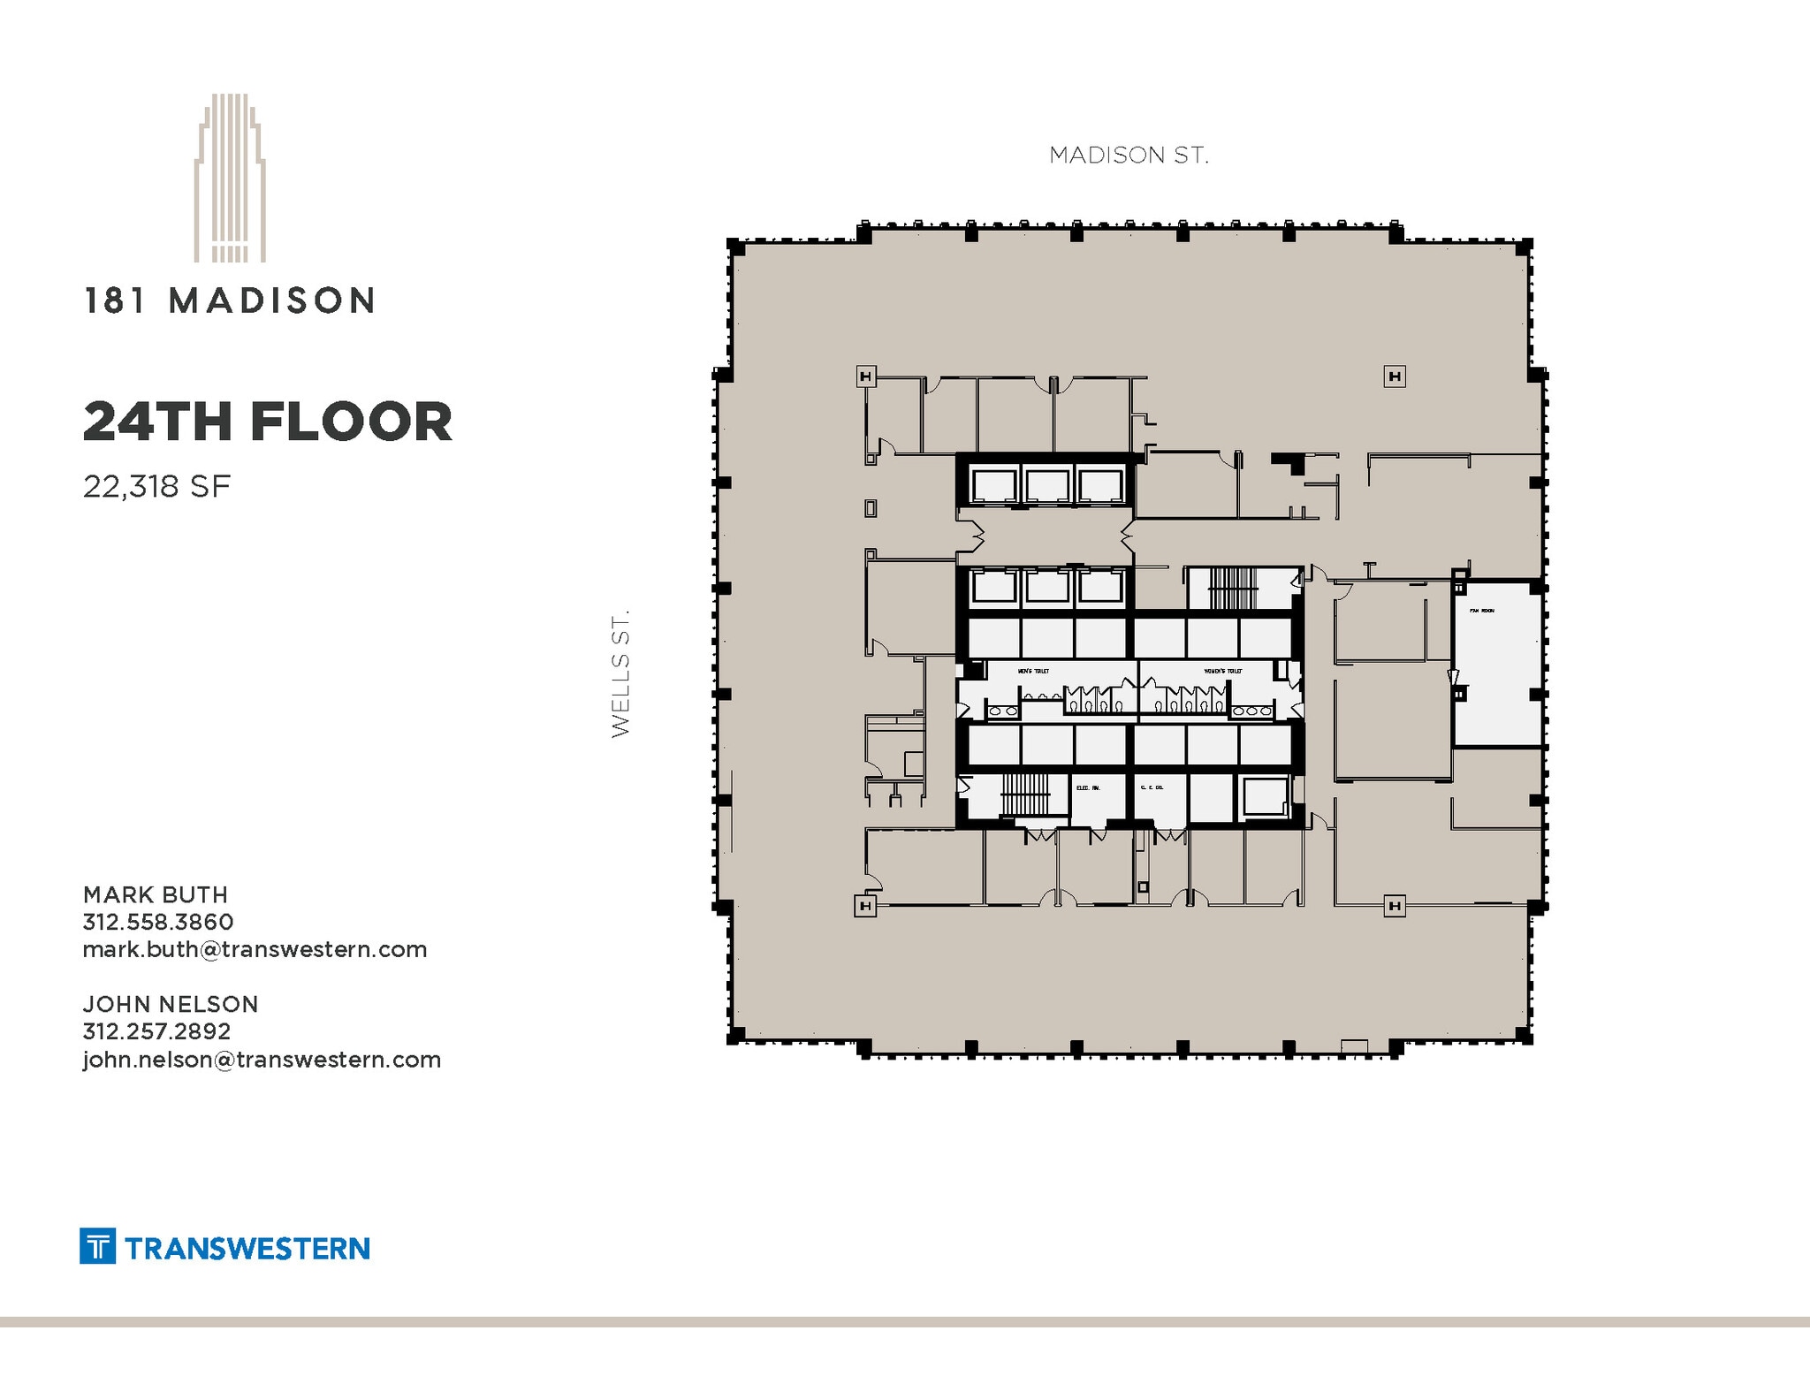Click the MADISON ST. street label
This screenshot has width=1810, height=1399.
coord(1128,156)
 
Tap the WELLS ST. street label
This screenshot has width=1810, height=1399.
coord(620,673)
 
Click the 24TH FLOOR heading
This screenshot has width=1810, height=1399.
coord(267,422)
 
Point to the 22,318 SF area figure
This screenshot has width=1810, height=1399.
coord(156,486)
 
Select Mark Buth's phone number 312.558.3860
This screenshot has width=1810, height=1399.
coord(158,922)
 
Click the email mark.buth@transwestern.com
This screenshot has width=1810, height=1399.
coord(255,949)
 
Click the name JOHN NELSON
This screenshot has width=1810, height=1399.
coord(171,1004)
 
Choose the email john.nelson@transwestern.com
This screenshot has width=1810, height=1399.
coord(262,1059)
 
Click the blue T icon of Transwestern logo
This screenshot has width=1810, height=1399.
coord(97,1246)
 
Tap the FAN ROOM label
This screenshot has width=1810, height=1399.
coord(1481,611)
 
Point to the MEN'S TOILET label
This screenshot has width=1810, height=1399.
coord(1033,671)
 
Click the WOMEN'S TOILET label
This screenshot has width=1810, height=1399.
coord(1222,671)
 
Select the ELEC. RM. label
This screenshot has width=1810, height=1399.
coord(1087,787)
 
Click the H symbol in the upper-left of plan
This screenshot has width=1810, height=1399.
coord(866,377)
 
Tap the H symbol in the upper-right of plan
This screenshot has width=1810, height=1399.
coord(1395,377)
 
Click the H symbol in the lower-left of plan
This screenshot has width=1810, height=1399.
coord(865,906)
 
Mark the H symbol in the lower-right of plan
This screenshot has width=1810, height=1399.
coord(1394,906)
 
